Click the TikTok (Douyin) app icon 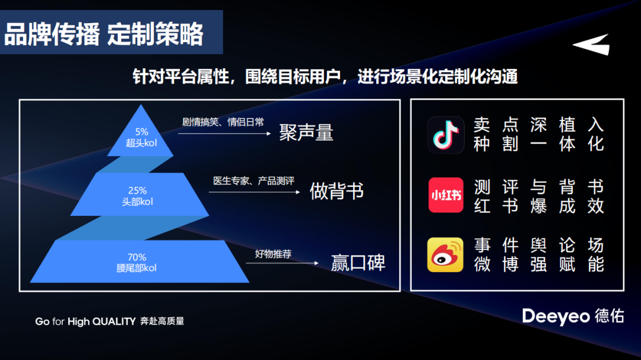pos(446,135)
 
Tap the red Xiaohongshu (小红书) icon pos(446,195)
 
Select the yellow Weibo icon pos(445,254)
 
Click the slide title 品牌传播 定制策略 pos(104,34)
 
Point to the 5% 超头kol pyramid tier pos(141,135)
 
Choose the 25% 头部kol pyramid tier pos(139,195)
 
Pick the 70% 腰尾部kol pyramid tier pos(139,261)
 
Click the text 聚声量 pos(306,133)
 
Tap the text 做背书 pos(337,191)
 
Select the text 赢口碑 pos(358,262)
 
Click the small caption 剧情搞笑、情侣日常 pos(223,122)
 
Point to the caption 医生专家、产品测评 pos(253,181)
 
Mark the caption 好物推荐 pos(273,254)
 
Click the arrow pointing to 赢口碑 pos(282,263)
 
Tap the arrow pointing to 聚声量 pos(224,133)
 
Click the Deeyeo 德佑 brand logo pos(573,316)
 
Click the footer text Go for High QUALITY pos(85,321)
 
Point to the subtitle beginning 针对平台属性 pos(325,77)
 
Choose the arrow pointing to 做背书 pos(254,192)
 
